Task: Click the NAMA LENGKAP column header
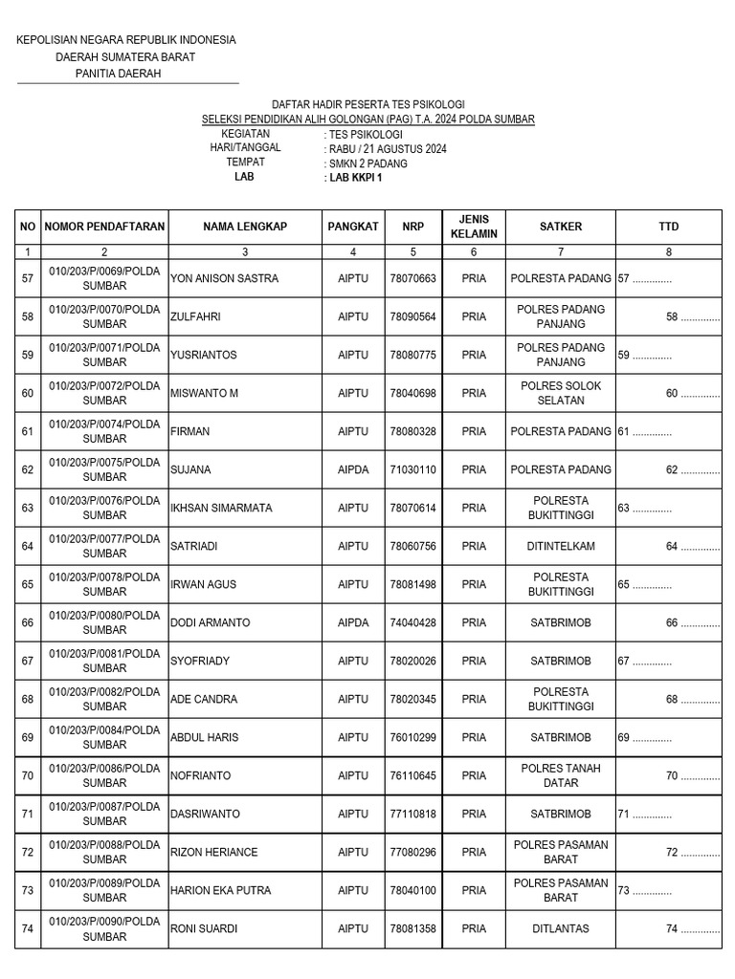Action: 245,227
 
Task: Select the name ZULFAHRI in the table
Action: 195,316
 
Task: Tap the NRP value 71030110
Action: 412,469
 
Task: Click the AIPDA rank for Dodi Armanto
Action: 353,622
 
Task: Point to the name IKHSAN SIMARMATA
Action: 221,508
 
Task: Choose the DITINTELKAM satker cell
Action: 561,546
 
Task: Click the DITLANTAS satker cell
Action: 561,928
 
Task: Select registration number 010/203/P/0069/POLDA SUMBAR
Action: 104,278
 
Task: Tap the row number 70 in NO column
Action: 27,775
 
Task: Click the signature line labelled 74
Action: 692,928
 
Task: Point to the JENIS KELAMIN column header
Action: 474,227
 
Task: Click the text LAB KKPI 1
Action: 354,177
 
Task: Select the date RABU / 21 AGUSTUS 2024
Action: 387,148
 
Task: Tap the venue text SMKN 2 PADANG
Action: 367,163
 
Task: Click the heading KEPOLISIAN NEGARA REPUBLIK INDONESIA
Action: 126,39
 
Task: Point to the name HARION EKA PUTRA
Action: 220,890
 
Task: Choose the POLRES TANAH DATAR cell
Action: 561,775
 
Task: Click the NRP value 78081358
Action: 412,928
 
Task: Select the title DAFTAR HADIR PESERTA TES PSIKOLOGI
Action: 368,104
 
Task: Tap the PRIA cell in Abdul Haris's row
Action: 474,737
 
